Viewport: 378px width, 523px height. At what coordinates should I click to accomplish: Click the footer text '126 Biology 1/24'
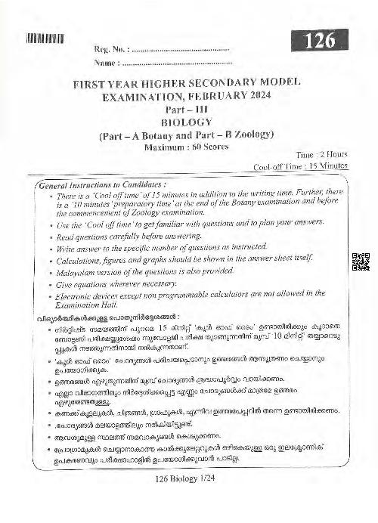(188, 500)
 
